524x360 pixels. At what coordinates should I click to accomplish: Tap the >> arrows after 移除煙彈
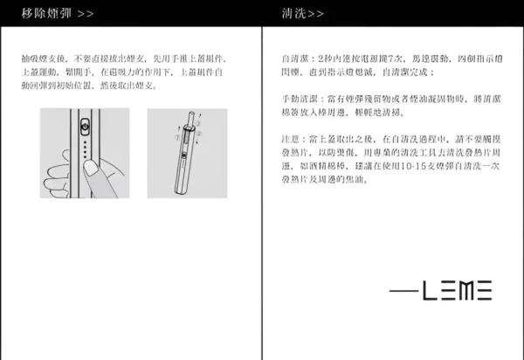(86, 14)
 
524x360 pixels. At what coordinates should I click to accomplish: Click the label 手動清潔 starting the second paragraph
(298, 97)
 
